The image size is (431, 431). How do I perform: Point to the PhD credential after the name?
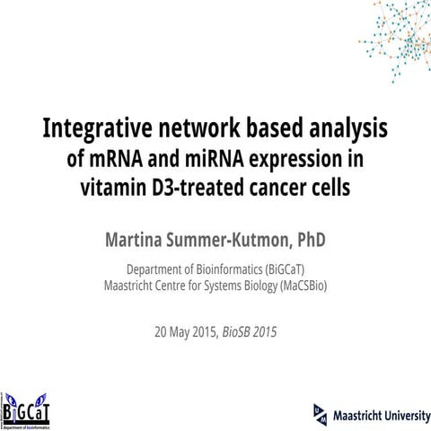coord(308,240)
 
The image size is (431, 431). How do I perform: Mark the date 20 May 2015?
coord(184,331)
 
